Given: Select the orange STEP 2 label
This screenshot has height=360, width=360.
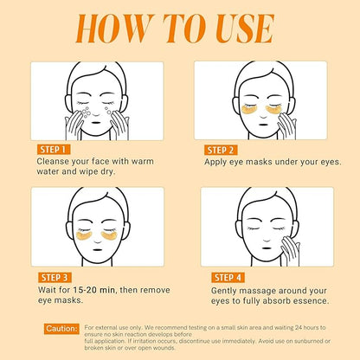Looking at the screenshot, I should tap(222, 149).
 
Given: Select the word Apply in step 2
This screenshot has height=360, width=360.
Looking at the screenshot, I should tap(217, 161).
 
